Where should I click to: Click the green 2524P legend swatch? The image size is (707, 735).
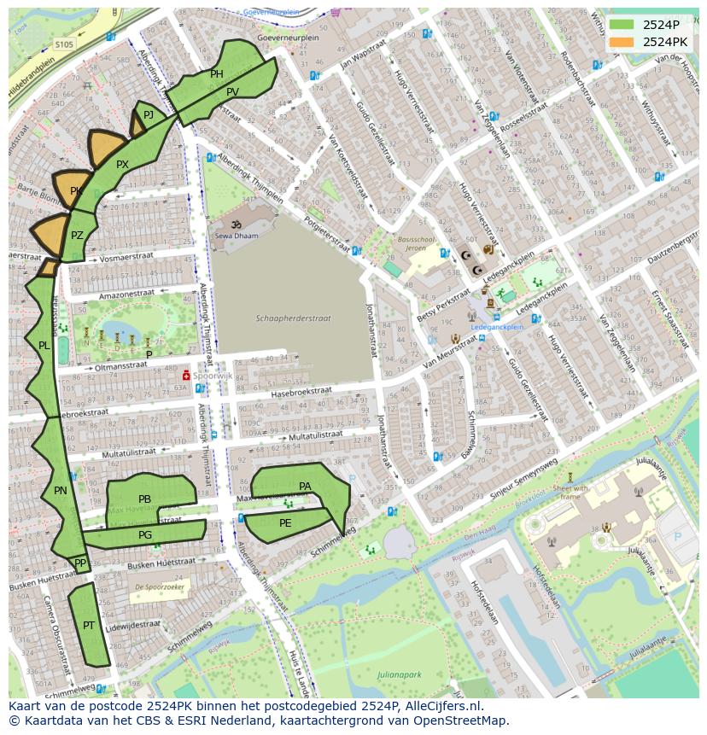621,25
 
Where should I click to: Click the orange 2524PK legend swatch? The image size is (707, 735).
621,42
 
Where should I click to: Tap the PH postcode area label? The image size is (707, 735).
217,74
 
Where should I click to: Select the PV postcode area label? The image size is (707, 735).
232,92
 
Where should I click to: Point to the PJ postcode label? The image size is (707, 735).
149,114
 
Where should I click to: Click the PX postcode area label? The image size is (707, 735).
122,165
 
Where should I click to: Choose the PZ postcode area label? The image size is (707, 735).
77,236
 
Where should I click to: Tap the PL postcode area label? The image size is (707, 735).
44,346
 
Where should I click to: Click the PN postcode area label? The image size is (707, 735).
60,491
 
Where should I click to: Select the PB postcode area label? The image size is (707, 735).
144,499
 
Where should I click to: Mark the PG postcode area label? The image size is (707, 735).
145,535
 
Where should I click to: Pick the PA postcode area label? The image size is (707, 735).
305,487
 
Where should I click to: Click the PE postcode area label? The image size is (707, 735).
285,523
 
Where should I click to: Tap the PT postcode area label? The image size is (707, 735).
89,626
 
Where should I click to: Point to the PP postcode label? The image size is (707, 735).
80,563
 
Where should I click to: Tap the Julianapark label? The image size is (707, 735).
400,674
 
